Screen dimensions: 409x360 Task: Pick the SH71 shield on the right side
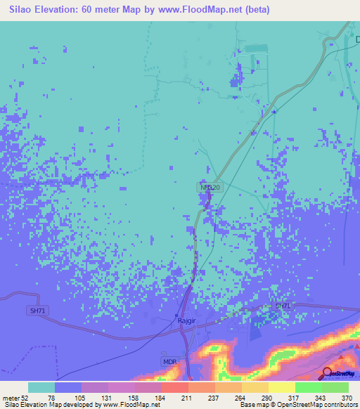pyautogui.click(x=283, y=306)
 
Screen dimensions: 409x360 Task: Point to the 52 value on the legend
pyautogui.click(x=27, y=397)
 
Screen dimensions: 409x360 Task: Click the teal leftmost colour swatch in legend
pyautogui.click(x=41, y=387)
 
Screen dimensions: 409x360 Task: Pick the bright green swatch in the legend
pyautogui.click(x=308, y=387)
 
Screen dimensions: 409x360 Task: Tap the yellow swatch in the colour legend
pyautogui.click(x=281, y=387)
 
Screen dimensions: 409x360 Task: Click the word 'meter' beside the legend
pyautogui.click(x=11, y=397)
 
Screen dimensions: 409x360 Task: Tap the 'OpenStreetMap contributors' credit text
pyautogui.click(x=319, y=405)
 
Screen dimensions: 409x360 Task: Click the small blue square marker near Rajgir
pyautogui.click(x=176, y=314)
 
